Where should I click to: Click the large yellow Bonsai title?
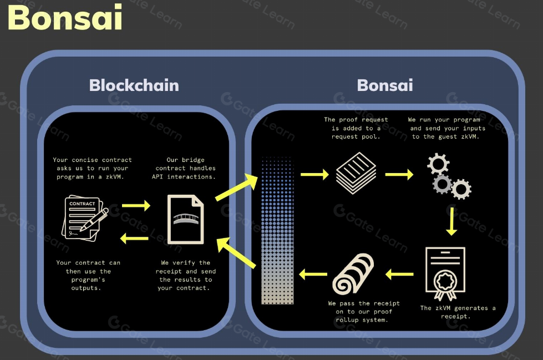65,18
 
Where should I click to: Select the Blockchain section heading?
134,85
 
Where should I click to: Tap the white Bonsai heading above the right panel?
384,85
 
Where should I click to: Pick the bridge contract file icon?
186,219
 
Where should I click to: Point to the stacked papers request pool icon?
356,174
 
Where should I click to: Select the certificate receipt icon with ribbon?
445,273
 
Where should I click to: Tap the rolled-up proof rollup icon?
353,273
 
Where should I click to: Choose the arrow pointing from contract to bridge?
136,205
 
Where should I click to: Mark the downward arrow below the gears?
451,220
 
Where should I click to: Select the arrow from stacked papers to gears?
399,175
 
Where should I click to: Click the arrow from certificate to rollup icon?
399,273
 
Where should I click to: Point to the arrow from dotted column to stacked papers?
314,175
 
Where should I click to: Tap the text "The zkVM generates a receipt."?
458,312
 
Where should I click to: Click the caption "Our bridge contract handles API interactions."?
184,168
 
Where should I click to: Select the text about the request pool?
356,128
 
